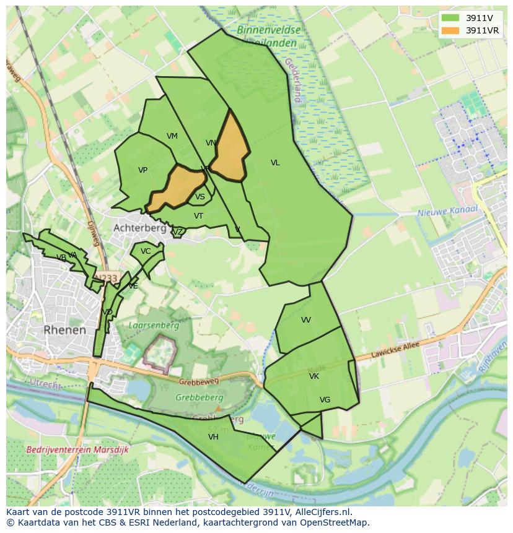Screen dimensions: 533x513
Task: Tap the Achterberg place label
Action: click(139, 228)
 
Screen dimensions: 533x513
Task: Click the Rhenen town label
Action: click(65, 330)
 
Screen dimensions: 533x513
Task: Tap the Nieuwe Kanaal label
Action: click(447, 211)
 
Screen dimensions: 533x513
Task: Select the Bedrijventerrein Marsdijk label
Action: click(77, 449)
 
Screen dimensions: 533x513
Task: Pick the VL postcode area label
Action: click(275, 163)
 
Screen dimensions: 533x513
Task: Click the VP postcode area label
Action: click(142, 170)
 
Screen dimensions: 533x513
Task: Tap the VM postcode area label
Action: click(172, 136)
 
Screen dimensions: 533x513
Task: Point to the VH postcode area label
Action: click(213, 436)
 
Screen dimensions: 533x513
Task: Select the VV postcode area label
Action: click(306, 320)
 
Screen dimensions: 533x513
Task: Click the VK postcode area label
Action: click(314, 376)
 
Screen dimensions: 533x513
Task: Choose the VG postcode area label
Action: click(325, 400)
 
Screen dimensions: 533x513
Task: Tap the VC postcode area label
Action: click(146, 251)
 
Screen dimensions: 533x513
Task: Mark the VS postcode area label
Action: click(200, 197)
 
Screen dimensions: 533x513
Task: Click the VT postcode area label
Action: click(198, 216)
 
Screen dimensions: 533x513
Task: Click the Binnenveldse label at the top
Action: click(268, 30)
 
